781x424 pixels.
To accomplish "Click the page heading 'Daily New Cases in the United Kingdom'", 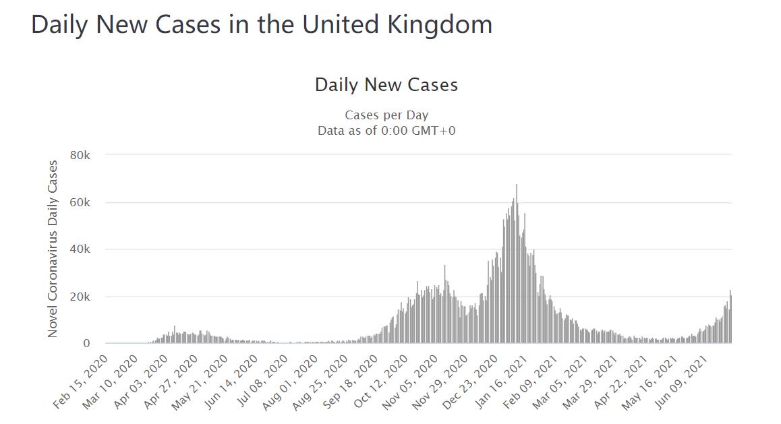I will tap(262, 25).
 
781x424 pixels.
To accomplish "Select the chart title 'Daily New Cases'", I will tap(386, 85).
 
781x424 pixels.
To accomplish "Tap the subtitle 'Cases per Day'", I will tap(386, 115).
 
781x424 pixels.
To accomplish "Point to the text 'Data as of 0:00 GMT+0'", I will tap(386, 130).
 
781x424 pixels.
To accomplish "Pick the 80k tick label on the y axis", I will tap(80, 155).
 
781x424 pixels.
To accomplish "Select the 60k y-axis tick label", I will tap(80, 202).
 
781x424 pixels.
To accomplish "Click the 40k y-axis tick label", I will tap(80, 249).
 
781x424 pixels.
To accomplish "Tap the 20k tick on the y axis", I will tap(80, 297).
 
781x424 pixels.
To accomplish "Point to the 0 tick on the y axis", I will tap(86, 344).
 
